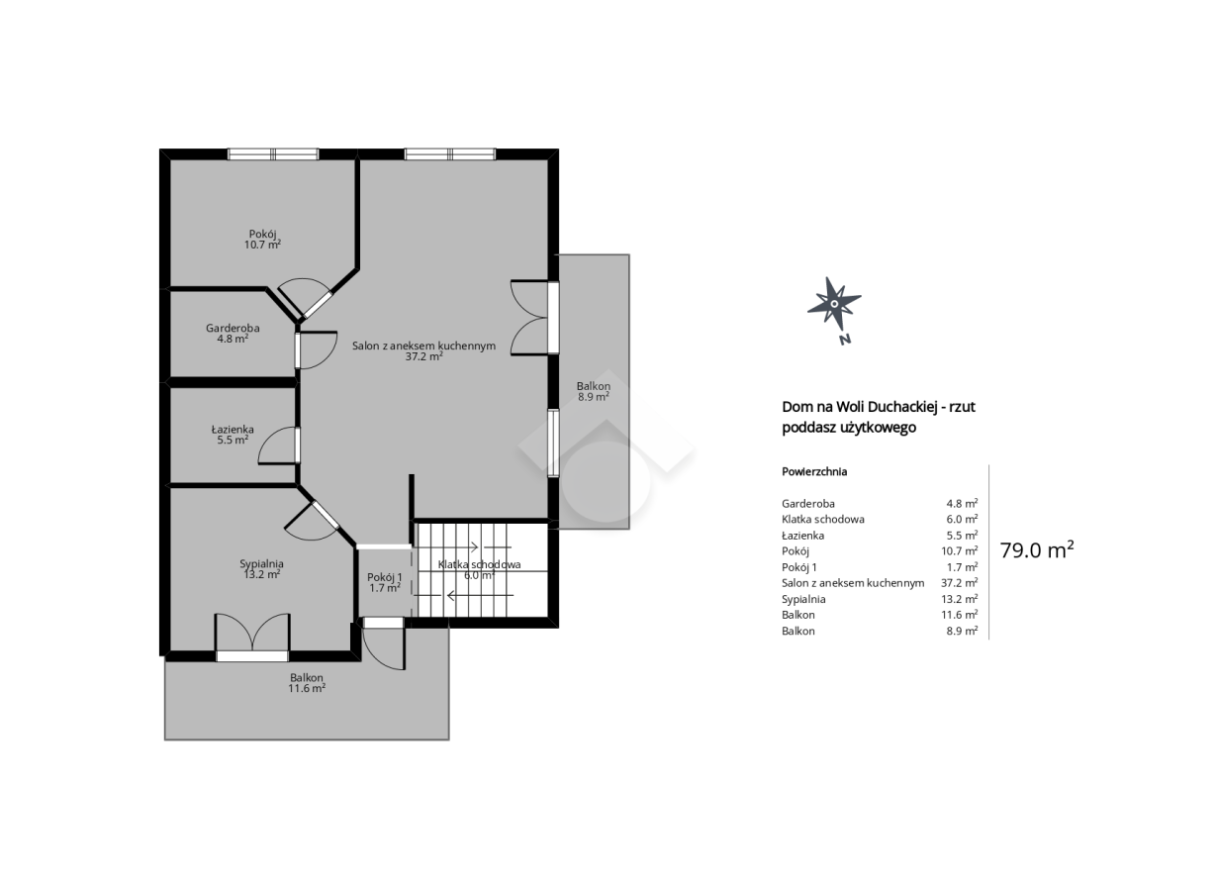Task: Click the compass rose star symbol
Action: [833, 304]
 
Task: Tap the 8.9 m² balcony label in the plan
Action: [594, 391]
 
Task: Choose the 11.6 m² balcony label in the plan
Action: [307, 683]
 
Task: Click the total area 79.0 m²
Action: [1037, 550]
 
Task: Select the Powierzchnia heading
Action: [814, 472]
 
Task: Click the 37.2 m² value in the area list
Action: [960, 583]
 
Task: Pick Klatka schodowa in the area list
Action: [823, 519]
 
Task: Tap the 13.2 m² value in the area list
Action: [960, 599]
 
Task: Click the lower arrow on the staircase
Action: [472, 596]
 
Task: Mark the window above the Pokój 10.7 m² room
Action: [273, 154]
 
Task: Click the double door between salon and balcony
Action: [534, 318]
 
